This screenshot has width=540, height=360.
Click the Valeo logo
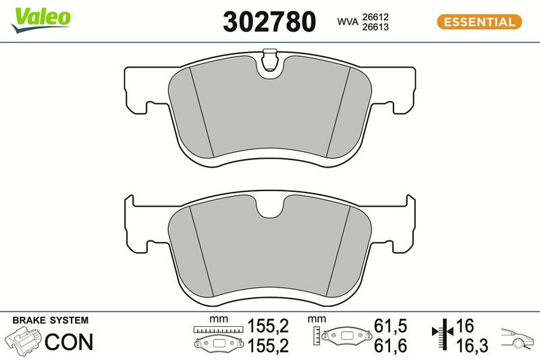(x=41, y=20)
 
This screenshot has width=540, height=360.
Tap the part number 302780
(x=269, y=22)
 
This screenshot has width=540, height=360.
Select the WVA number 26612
(x=375, y=16)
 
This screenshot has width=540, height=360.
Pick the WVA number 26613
(x=375, y=27)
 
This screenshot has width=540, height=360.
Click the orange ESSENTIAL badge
(x=479, y=22)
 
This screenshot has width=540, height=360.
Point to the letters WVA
(x=348, y=22)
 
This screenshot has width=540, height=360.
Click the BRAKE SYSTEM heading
(x=50, y=320)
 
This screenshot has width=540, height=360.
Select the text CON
(x=69, y=341)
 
